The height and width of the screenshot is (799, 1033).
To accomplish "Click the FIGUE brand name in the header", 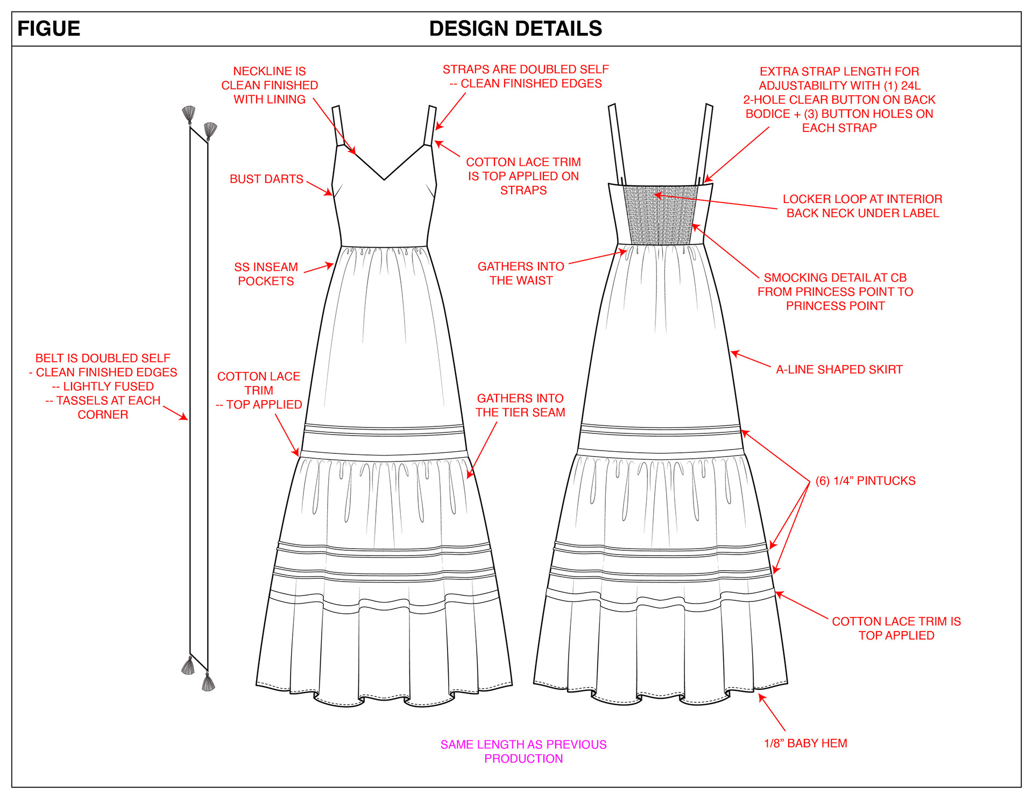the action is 49,29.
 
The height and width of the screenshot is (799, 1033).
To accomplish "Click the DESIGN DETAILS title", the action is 515,29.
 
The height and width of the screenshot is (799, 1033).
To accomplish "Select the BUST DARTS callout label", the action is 266,179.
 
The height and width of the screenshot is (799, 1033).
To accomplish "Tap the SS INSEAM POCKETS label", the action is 266,274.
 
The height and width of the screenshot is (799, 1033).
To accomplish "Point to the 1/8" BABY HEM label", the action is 805,744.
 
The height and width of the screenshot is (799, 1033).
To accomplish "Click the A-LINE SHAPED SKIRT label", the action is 839,369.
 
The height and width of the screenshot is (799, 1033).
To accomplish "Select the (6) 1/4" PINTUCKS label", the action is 865,481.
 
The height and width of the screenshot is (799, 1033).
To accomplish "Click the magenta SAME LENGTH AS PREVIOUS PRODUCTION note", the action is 523,752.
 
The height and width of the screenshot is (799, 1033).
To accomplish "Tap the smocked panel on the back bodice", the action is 660,215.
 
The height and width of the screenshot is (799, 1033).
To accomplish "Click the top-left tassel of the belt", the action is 188,115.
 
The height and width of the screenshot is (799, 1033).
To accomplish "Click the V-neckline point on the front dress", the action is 384,179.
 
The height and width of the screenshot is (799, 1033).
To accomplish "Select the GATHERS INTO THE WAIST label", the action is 521,274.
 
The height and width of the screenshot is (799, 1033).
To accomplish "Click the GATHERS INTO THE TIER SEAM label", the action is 520,405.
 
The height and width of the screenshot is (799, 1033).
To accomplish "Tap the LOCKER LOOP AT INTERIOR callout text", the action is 862,206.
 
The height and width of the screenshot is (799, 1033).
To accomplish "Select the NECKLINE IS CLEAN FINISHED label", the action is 270,85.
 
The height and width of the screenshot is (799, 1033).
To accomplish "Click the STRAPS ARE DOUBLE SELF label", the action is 526,76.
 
